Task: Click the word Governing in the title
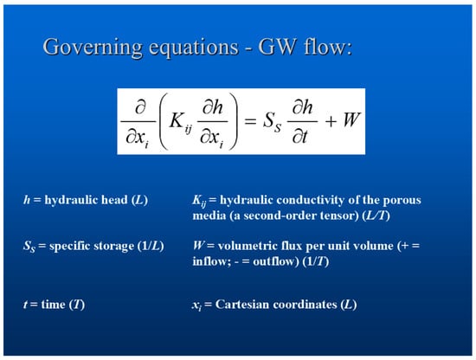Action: [x=93, y=48]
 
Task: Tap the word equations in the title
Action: [x=194, y=48]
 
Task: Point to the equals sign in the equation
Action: [x=250, y=121]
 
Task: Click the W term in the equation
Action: [x=352, y=119]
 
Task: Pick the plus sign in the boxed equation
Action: [x=331, y=122]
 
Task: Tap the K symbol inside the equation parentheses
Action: [x=176, y=120]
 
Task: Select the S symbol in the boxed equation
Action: [x=268, y=119]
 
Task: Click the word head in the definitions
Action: [x=114, y=200]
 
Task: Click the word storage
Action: [x=114, y=246]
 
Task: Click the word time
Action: [x=53, y=305]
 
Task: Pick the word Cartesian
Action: [x=241, y=305]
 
